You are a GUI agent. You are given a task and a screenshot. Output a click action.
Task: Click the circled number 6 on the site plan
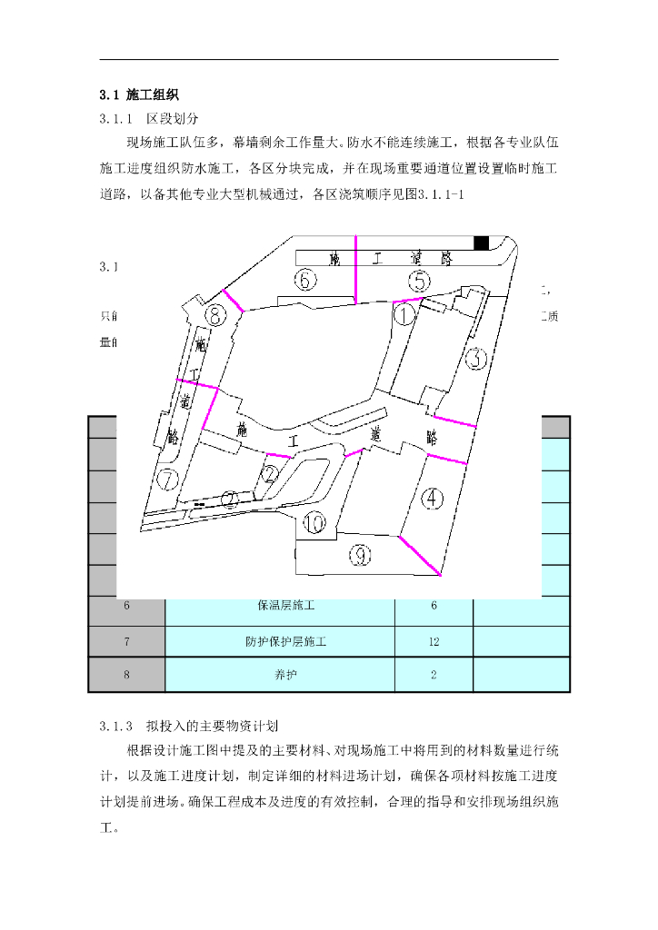(x=305, y=280)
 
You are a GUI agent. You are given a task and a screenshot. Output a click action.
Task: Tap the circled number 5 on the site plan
(x=418, y=281)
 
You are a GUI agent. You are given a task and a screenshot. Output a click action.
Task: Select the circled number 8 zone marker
(x=215, y=317)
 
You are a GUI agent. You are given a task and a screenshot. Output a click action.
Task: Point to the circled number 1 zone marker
(x=404, y=315)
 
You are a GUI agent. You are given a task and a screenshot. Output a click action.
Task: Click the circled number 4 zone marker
(x=434, y=498)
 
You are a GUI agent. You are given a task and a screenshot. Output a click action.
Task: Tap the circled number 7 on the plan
(x=166, y=479)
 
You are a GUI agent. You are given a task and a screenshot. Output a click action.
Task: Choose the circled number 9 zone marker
(x=362, y=554)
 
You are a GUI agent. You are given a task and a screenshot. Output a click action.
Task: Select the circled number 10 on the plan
(x=314, y=523)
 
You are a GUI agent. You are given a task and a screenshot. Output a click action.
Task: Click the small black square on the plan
(x=482, y=242)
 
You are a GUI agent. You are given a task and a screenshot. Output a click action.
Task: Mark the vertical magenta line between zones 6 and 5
(x=356, y=267)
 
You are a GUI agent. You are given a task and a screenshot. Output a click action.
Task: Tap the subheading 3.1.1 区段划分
(x=148, y=118)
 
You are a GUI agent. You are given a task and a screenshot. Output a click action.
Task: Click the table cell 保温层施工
(x=280, y=606)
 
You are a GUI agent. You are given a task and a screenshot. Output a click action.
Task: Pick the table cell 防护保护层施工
(x=280, y=642)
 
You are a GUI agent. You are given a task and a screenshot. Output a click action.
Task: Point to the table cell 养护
(x=280, y=675)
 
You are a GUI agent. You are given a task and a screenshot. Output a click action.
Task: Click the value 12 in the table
(x=434, y=642)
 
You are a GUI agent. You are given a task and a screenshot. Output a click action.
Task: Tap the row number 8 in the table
(x=126, y=675)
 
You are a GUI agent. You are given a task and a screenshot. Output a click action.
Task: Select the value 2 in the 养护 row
(x=434, y=675)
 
